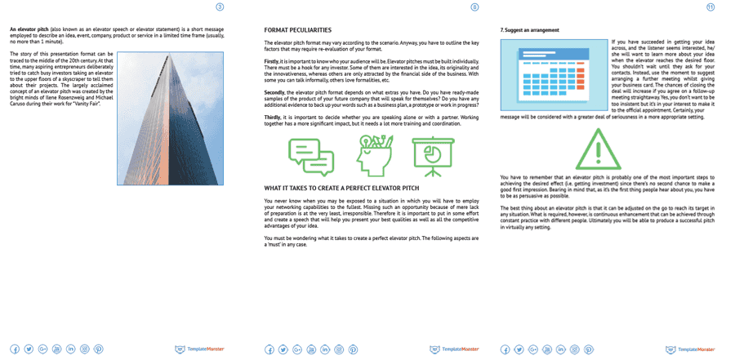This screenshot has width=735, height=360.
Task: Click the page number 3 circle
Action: click(x=219, y=7)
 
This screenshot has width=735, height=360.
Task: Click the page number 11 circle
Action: click(x=710, y=7)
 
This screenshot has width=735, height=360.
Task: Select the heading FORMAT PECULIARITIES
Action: click(x=299, y=30)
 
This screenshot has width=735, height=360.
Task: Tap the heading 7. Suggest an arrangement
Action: click(x=529, y=30)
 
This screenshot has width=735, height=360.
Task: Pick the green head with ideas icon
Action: click(x=373, y=153)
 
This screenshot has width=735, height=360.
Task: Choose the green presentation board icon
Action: click(x=434, y=153)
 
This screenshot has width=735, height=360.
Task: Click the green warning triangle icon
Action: click(x=598, y=150)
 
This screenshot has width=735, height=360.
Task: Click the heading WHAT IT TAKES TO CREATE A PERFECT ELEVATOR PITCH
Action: click(x=353, y=189)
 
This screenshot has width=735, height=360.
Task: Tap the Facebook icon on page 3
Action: click(x=15, y=349)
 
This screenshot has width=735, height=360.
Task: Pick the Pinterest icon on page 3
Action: click(x=99, y=349)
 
